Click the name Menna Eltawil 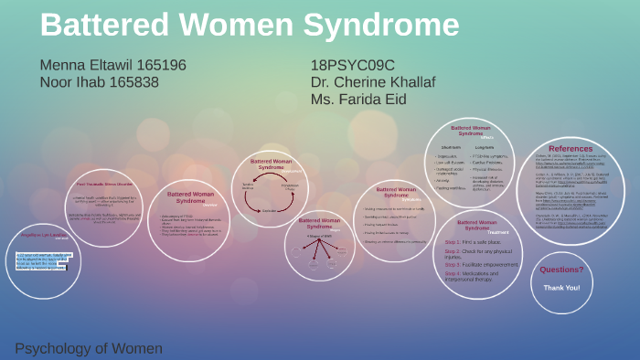tap(86, 66)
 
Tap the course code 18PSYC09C tap(352, 66)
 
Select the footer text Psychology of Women tap(89, 348)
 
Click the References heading tap(570, 148)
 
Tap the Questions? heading tap(560, 270)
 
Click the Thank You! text tap(560, 287)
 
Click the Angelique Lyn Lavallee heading tap(45, 234)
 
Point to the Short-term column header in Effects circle tap(450, 146)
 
